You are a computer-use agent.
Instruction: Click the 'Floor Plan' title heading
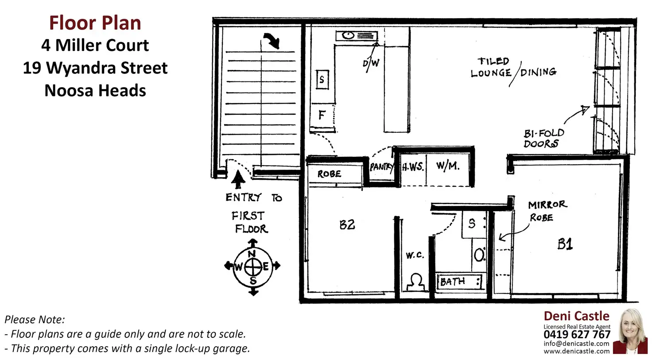click(x=95, y=23)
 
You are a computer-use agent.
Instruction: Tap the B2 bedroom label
click(x=347, y=225)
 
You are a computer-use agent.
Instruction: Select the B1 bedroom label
click(x=565, y=244)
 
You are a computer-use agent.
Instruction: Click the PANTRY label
click(x=381, y=167)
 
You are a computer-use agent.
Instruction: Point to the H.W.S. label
click(x=413, y=167)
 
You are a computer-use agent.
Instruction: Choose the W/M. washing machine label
click(x=447, y=166)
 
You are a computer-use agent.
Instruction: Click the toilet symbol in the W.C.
click(x=415, y=282)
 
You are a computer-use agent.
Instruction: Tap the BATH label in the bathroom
click(x=452, y=282)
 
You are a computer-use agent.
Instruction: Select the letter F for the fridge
click(x=322, y=115)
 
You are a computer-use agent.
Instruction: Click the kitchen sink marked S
click(x=322, y=80)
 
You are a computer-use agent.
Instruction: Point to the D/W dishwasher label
click(x=371, y=63)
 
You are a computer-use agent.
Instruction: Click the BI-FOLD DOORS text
click(x=543, y=138)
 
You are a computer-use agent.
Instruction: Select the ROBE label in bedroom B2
click(x=329, y=174)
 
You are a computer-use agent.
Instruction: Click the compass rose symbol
click(x=252, y=267)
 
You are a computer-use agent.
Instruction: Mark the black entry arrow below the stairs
click(x=238, y=179)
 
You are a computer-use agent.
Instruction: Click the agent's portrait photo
click(x=631, y=331)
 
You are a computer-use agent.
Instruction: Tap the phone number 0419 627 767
click(x=577, y=335)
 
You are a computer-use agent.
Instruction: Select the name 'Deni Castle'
click(x=576, y=316)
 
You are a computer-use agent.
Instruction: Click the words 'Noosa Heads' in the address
click(x=95, y=90)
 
